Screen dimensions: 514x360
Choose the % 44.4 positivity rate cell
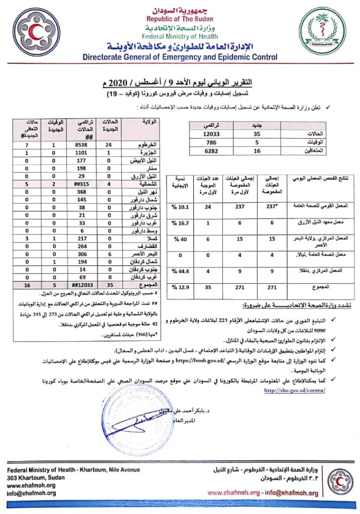point(180,272)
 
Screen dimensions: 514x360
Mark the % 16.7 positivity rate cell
point(180,223)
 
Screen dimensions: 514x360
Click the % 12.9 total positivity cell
point(180,287)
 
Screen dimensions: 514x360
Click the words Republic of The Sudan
point(180,19)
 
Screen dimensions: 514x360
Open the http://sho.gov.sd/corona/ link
point(294,390)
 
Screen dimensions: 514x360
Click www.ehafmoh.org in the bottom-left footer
point(31,485)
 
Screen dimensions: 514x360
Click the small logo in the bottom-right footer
point(340,482)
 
